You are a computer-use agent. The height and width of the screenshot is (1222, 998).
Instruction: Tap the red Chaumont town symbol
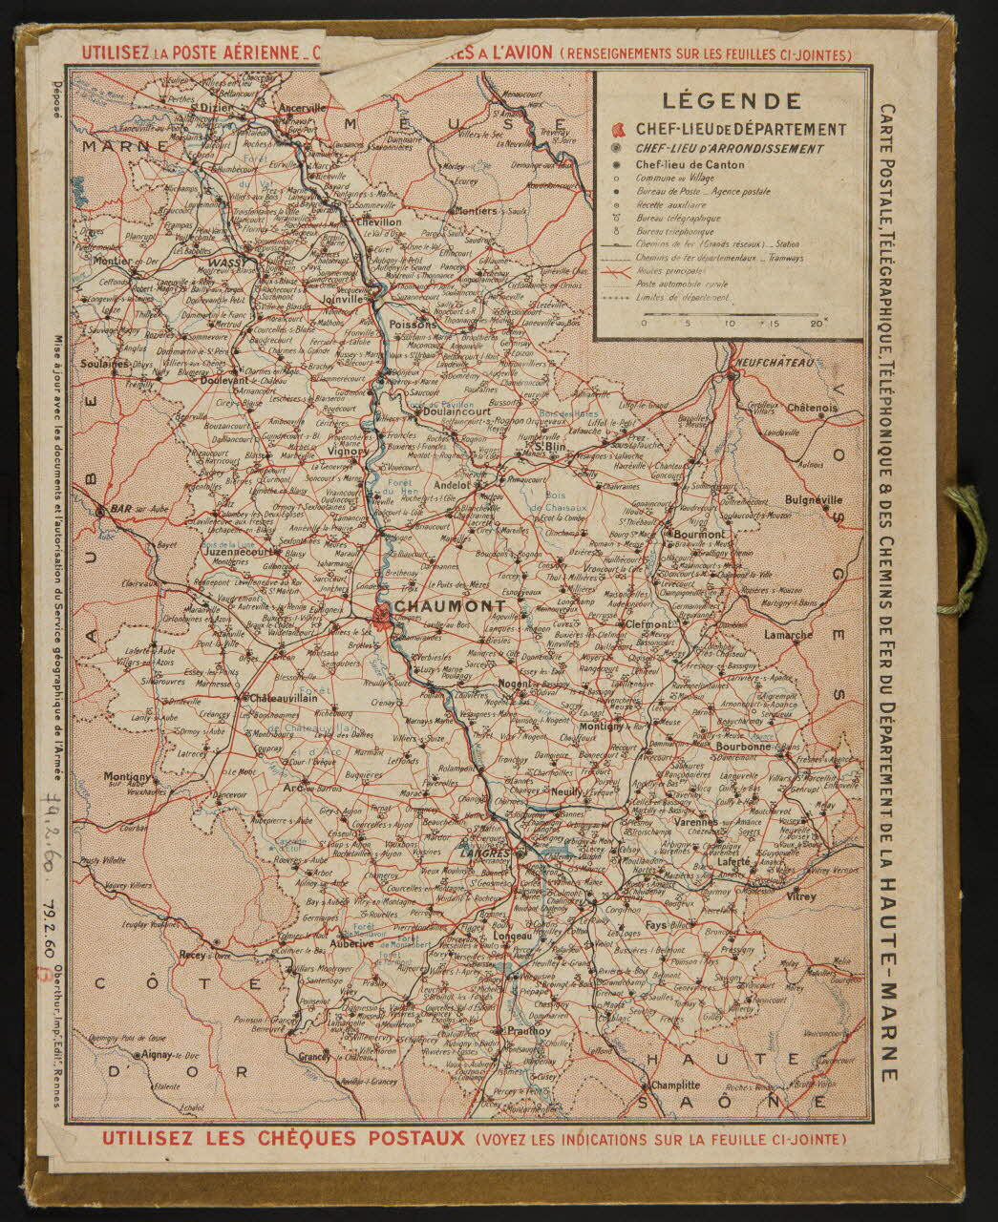click(x=382, y=615)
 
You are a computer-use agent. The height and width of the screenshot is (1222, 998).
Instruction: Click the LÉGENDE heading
click(x=732, y=99)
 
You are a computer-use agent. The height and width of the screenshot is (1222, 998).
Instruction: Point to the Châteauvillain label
click(x=283, y=698)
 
